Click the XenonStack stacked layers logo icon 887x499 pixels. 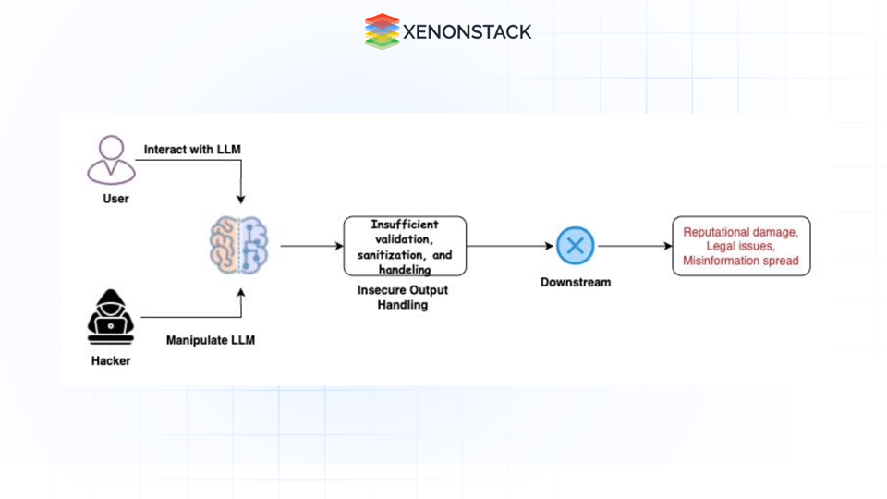point(382,31)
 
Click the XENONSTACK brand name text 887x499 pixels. point(467,32)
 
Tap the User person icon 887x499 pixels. point(112,160)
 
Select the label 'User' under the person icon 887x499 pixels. point(115,199)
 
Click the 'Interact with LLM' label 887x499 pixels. point(192,150)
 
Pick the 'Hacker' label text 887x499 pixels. point(111,361)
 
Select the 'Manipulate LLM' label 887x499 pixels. point(210,340)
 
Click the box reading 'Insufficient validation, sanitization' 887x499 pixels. point(405,246)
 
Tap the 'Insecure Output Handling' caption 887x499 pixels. point(403,298)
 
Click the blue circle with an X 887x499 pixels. point(575,246)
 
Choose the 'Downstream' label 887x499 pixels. point(576,282)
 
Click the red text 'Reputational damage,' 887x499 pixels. point(741,231)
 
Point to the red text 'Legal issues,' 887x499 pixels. point(741,246)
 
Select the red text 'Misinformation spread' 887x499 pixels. point(741,262)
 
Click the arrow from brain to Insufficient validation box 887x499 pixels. point(310,246)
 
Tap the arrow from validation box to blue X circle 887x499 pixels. point(510,246)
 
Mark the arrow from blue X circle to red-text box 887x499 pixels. point(634,246)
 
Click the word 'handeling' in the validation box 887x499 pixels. point(405,269)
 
